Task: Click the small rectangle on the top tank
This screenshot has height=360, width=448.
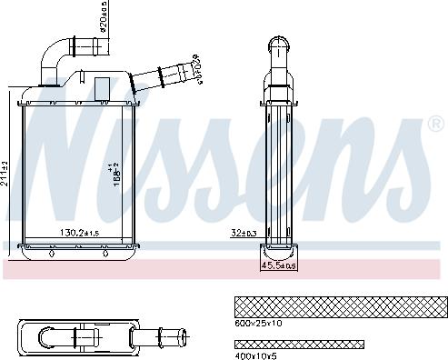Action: pos(102,87)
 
